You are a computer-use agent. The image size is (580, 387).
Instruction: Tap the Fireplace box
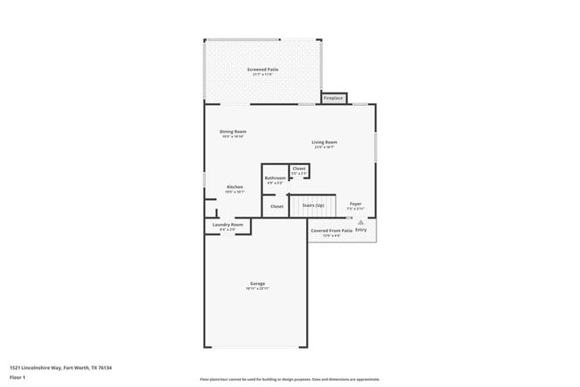point(333,97)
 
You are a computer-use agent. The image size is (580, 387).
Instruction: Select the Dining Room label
point(233,132)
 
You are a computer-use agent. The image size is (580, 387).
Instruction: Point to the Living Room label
point(324,142)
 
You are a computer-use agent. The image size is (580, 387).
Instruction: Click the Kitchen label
point(234,186)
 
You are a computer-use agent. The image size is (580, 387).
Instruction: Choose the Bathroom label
point(275,177)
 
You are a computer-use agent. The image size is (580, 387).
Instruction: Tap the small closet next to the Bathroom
point(299,169)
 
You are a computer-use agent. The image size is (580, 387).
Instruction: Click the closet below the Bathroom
point(277,206)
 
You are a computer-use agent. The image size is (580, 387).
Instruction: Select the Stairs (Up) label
point(313,205)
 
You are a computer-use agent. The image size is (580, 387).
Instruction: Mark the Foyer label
point(355,204)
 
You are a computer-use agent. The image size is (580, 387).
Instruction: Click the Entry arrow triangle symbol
point(361,223)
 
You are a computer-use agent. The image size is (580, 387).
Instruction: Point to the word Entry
point(361,230)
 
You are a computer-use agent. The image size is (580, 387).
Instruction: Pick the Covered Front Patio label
point(331,230)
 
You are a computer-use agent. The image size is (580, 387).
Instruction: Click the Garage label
point(257,284)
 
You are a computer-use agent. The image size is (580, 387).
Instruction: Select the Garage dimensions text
point(257,289)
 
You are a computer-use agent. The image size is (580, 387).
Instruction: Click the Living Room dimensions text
point(324,147)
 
